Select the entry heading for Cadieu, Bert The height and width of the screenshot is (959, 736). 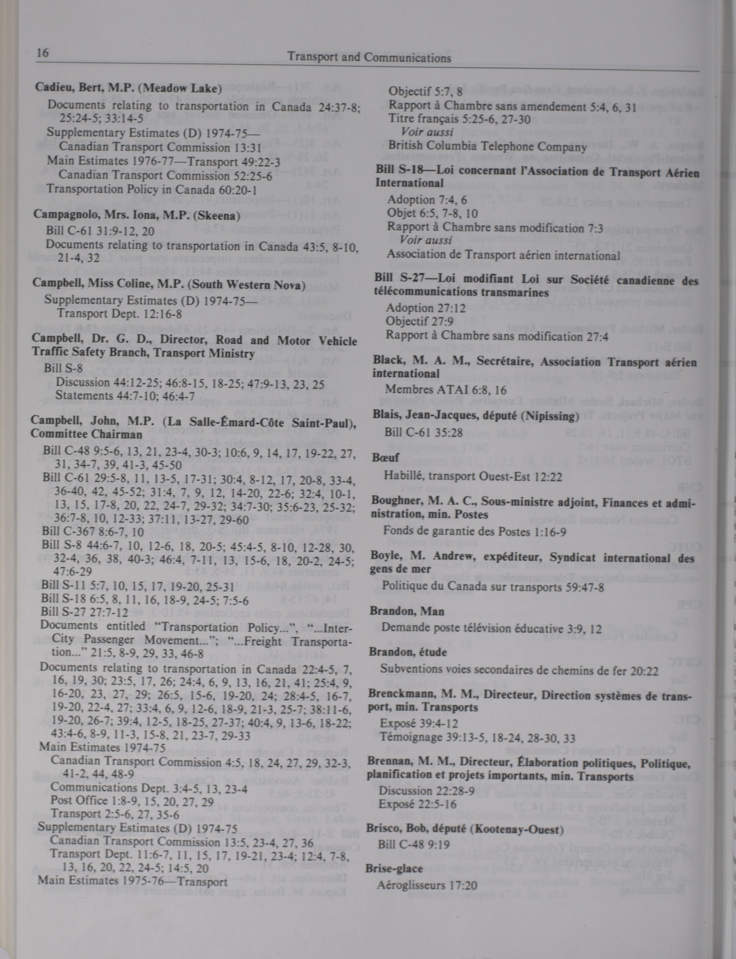point(127,88)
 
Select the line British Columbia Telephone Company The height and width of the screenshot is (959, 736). point(487,147)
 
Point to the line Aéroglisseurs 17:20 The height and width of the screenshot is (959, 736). point(427,885)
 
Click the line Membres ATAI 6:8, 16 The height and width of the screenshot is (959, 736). point(446,390)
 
